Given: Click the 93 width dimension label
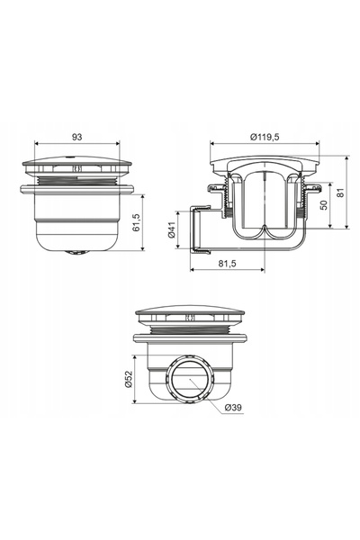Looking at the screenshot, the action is click(x=76, y=137).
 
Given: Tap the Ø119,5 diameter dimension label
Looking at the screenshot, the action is click(x=265, y=137).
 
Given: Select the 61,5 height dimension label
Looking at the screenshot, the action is click(x=137, y=222).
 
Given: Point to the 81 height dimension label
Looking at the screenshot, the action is click(x=340, y=193).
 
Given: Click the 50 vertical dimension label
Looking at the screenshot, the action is click(x=323, y=204).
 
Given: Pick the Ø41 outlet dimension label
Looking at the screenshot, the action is click(x=172, y=229).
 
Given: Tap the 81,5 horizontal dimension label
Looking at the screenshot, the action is click(x=227, y=264).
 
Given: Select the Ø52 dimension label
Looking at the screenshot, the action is click(x=128, y=379).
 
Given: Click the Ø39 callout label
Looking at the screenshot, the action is click(x=233, y=408).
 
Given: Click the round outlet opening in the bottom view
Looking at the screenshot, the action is click(x=190, y=379).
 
